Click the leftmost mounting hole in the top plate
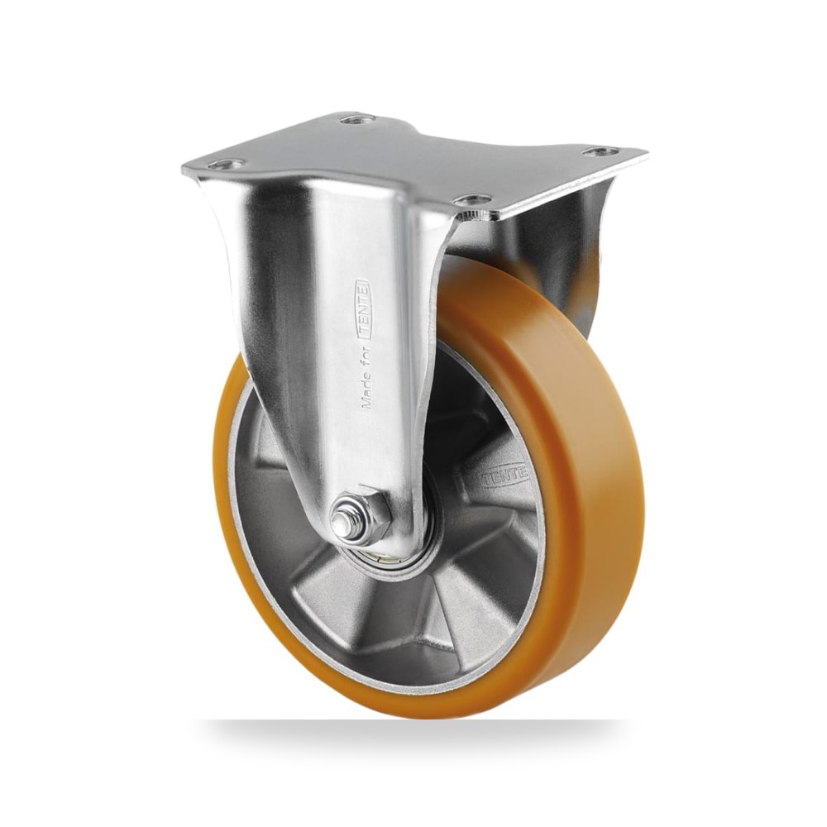point(227,164)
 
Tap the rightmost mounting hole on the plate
point(600,152)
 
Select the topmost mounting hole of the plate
point(356,120)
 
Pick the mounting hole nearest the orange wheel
point(472,200)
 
